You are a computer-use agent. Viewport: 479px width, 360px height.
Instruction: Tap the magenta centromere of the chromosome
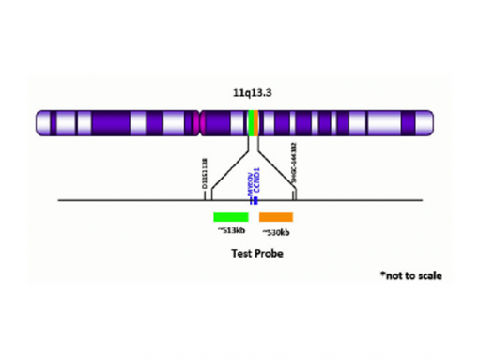pos(200,123)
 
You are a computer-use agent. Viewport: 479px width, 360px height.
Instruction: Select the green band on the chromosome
pos(249,123)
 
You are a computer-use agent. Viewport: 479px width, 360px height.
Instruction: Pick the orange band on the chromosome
pos(255,123)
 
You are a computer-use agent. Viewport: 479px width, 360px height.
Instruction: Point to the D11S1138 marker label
pos(206,175)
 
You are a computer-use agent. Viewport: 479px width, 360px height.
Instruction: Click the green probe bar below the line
pos(231,216)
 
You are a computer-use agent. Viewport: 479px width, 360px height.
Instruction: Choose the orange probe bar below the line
pos(276,216)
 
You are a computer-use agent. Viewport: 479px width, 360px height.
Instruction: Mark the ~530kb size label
pos(276,232)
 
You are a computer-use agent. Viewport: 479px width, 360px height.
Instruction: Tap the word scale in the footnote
pos(428,276)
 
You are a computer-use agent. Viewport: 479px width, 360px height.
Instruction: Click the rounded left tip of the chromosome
pos(39,123)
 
